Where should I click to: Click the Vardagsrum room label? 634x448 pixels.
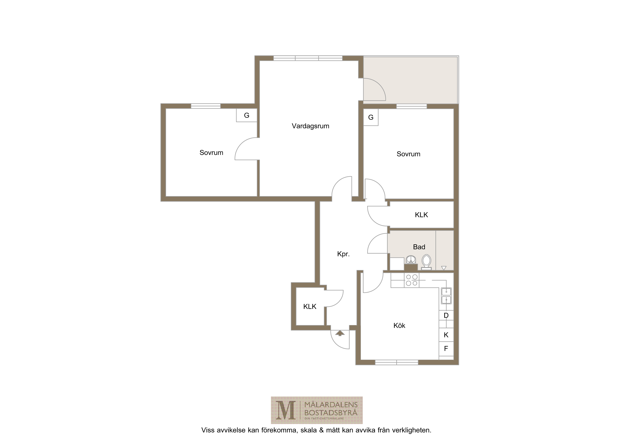[310, 126]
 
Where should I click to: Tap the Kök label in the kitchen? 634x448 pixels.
[399, 325]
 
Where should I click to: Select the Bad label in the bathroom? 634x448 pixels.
[419, 247]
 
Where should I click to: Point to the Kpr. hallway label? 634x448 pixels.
[343, 254]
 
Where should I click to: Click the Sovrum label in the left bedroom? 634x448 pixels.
[211, 153]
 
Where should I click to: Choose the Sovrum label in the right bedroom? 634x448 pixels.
[408, 154]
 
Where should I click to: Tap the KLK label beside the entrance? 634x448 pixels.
[310, 306]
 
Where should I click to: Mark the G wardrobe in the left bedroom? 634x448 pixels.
[247, 115]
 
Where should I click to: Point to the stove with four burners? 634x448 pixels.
[412, 280]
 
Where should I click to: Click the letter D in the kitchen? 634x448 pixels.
[446, 316]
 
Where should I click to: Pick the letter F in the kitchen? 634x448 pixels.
[446, 349]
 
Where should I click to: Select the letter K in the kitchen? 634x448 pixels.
[446, 335]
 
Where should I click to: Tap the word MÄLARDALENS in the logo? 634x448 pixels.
[331, 405]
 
